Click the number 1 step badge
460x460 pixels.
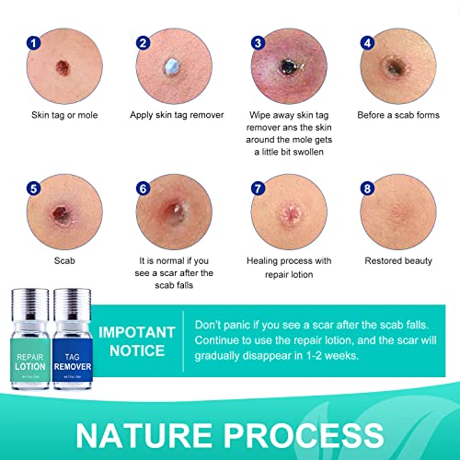33,42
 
